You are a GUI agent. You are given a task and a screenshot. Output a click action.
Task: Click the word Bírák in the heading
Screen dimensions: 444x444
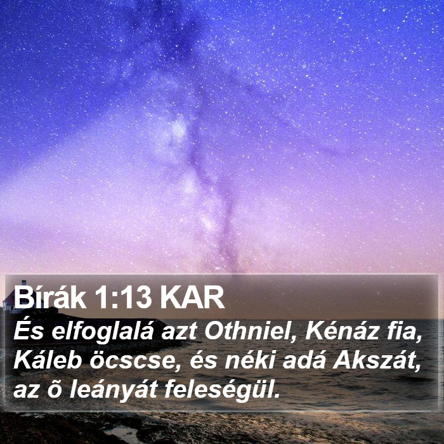point(50,298)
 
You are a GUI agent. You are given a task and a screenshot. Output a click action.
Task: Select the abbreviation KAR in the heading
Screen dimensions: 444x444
point(192,299)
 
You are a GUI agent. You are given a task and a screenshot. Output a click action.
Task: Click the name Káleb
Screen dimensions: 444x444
point(48,361)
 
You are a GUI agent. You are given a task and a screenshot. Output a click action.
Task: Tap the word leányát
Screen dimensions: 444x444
point(114,390)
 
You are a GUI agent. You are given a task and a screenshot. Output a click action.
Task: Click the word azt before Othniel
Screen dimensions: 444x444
point(179,332)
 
